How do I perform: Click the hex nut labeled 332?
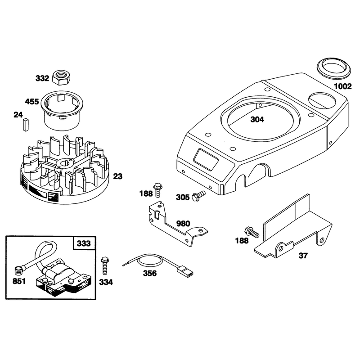pos(61,77)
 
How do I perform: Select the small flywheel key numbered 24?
pos(26,125)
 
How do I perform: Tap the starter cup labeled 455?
pos(62,110)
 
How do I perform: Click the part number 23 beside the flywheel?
pos(118,176)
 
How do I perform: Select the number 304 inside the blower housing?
pos(257,119)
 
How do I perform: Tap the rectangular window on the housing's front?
pos(206,159)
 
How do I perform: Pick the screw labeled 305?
pos(198,196)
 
